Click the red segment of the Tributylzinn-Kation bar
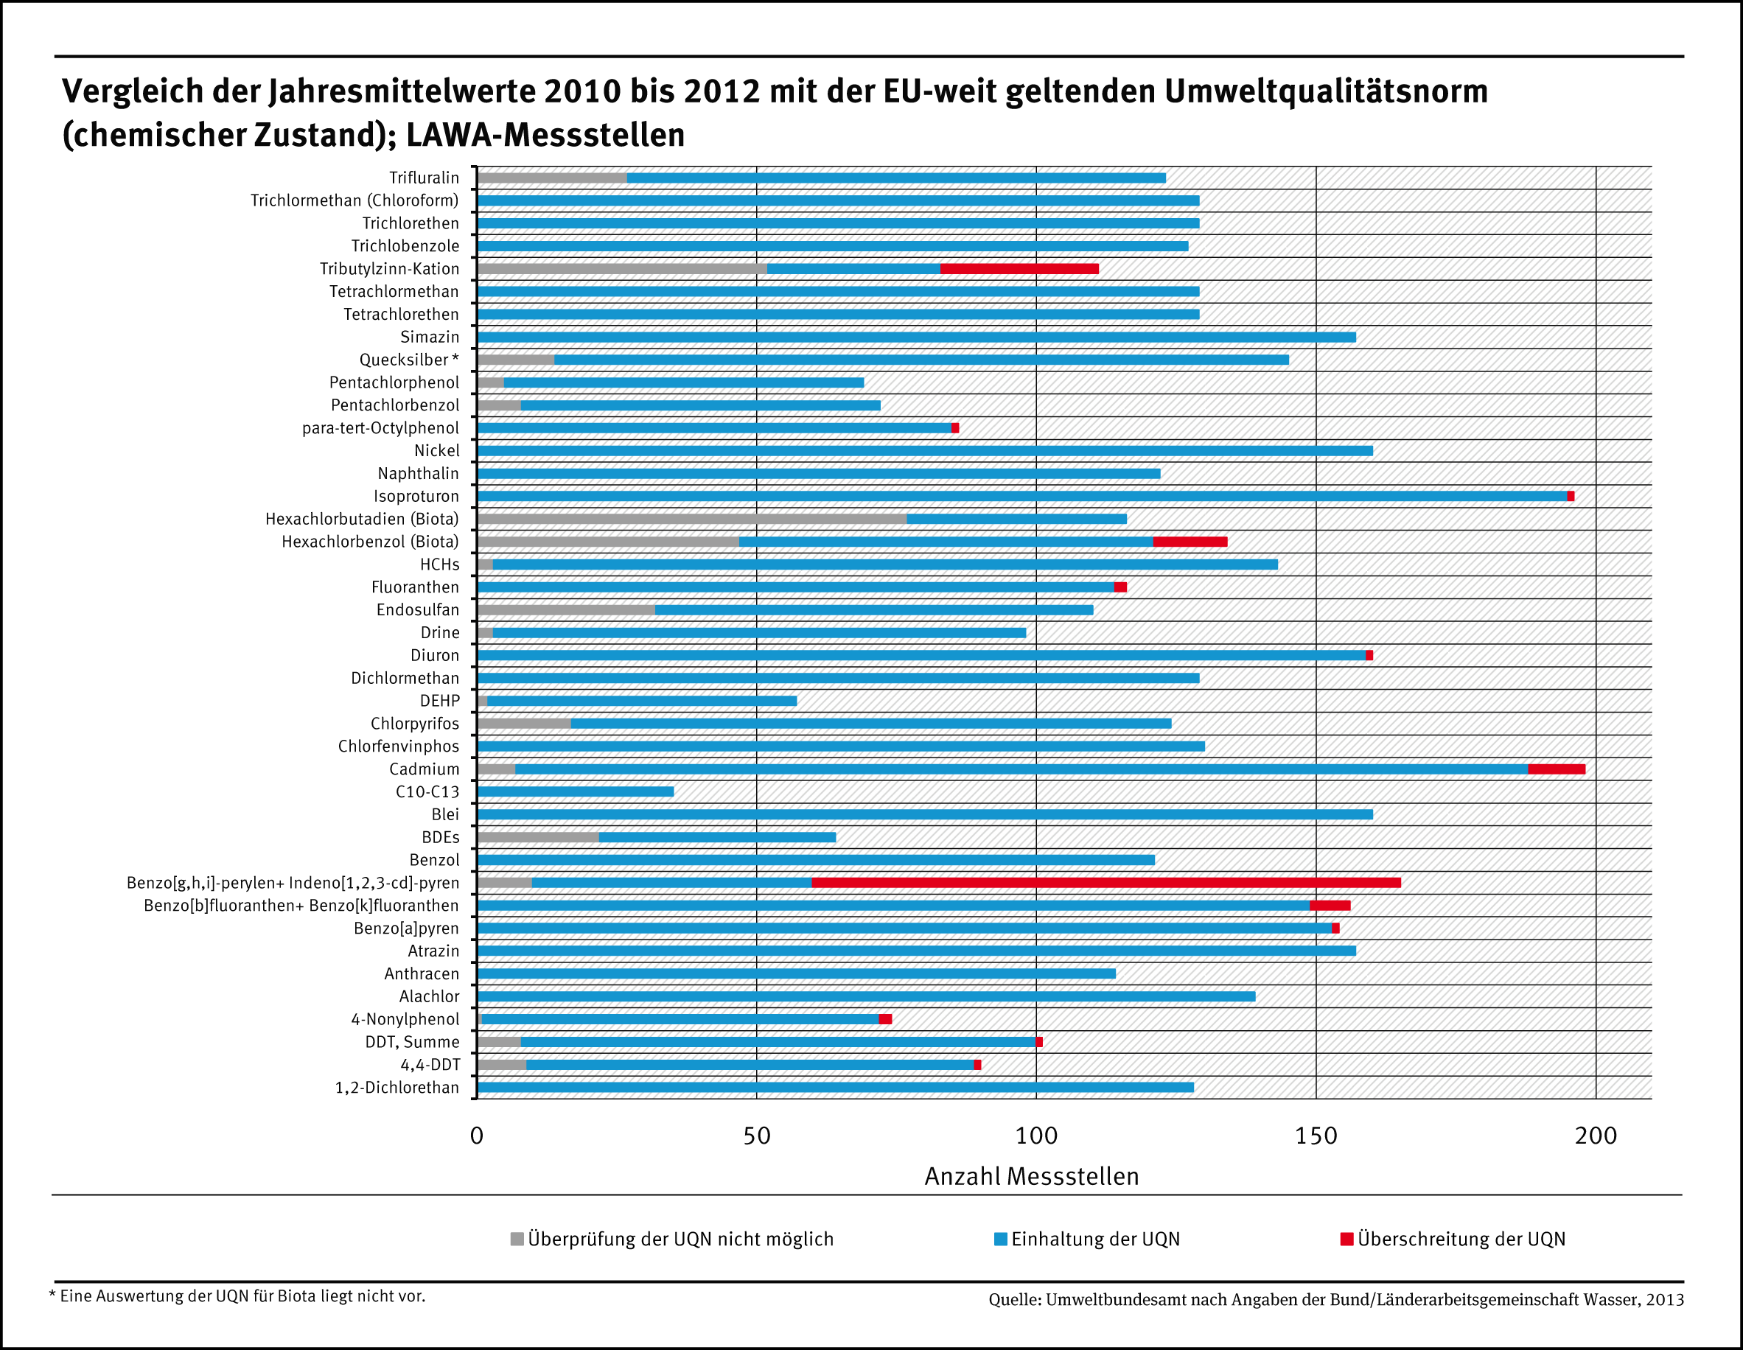pos(1019,269)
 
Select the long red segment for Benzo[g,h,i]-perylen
pos(1105,883)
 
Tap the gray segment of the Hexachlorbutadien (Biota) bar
pos(692,519)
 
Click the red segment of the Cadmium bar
pos(1557,769)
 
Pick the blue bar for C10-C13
pos(576,791)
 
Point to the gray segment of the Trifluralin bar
pos(552,178)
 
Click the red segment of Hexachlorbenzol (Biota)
pos(1190,542)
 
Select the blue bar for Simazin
pos(916,337)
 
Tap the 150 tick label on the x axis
pos(1316,1136)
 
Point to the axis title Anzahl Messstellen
pos(1031,1177)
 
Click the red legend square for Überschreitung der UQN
pos(1346,1239)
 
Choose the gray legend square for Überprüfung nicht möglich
pos(517,1239)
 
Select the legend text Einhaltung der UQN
pos(1095,1239)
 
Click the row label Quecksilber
pos(404,360)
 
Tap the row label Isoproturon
pos(416,496)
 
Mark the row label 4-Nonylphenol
pos(405,1019)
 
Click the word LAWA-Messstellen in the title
pos(545,135)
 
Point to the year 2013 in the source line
pos(1665,1300)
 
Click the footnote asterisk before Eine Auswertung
pos(52,1294)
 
